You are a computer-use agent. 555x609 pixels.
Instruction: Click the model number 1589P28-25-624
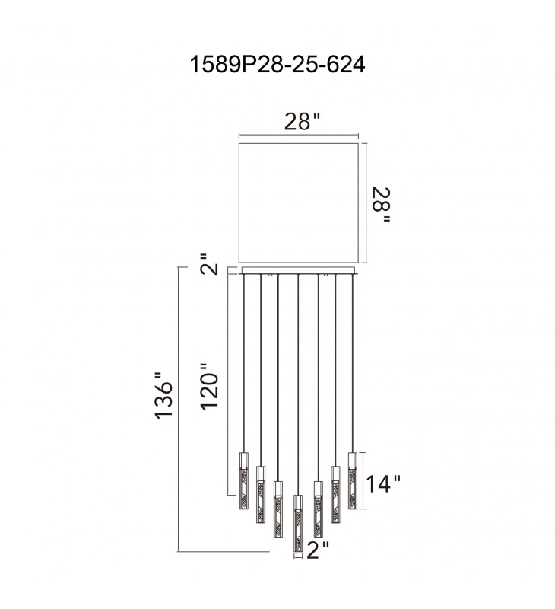277,64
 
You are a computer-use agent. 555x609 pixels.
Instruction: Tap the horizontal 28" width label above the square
303,122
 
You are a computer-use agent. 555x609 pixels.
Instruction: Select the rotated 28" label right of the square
381,206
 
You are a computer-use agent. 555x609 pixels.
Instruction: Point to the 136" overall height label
163,396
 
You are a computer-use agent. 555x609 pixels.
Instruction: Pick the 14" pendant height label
383,483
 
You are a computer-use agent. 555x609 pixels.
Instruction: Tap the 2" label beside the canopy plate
209,264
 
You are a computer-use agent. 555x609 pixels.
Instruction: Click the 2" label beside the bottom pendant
318,550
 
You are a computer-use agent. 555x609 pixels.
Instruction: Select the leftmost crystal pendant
243,480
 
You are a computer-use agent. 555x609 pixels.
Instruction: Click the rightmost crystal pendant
353,480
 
